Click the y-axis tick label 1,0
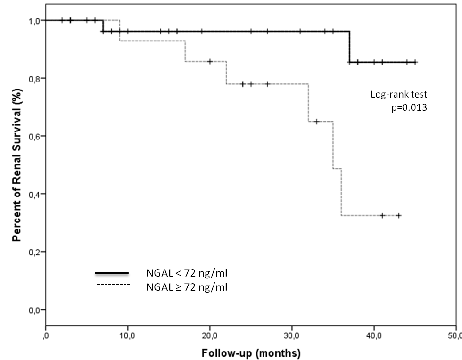(34, 20)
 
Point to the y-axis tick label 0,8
(34, 78)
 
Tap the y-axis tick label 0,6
(34, 136)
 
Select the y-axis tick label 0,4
(34, 194)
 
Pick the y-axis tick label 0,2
(34, 252)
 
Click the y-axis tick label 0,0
(34, 310)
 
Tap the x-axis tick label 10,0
(127, 335)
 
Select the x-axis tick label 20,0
(209, 335)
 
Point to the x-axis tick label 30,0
(292, 335)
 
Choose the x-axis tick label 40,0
(374, 335)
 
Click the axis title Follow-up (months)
(251, 352)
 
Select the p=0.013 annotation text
(409, 107)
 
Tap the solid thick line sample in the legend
(112, 273)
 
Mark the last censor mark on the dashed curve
(399, 215)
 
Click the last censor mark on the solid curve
(415, 62)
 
